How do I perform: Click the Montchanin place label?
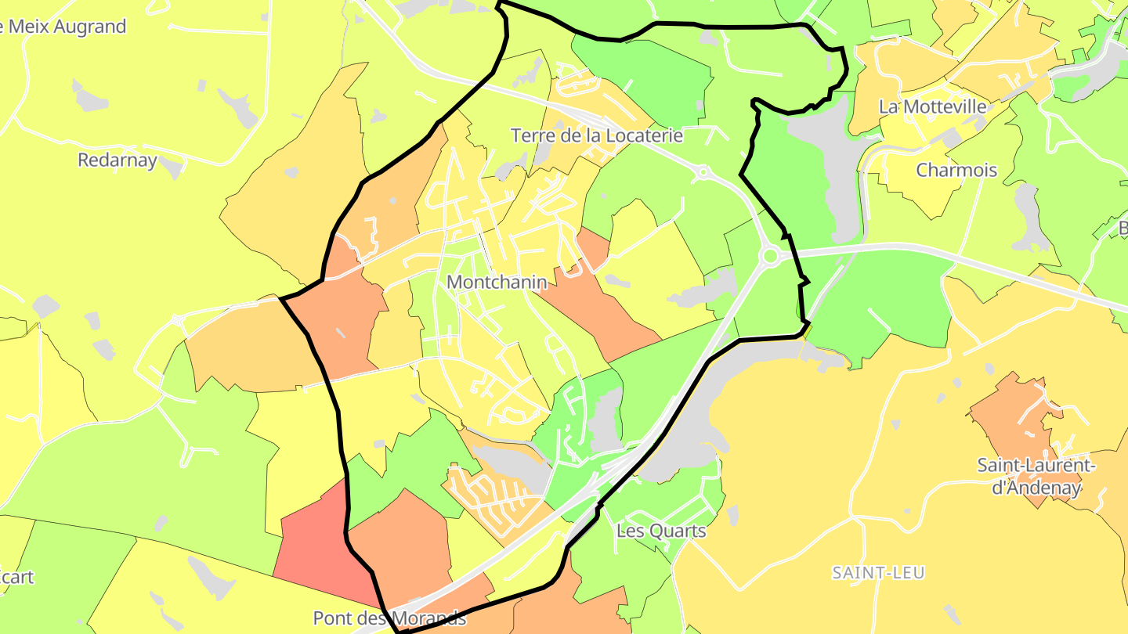497,283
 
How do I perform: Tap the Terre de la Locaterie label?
597,135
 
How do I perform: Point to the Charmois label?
956,170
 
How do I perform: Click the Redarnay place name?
117,160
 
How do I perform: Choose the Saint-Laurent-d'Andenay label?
1036,477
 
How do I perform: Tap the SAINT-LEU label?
877,573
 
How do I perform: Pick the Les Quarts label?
661,531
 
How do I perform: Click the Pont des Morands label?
389,618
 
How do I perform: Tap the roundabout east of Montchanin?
770,255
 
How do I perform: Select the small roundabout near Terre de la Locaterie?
703,171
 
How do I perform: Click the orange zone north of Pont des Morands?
407,540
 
